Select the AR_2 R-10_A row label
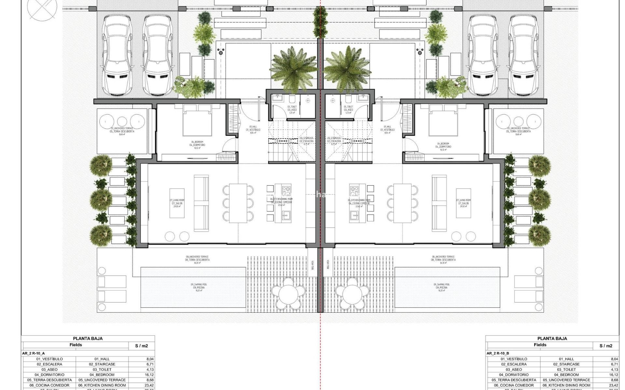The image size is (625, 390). coord(34,353)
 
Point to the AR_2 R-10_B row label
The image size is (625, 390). coord(498,353)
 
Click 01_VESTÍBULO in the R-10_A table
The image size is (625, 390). coord(49,359)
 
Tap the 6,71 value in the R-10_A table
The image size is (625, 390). coord(150,364)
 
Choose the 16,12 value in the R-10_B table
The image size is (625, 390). coord(614,375)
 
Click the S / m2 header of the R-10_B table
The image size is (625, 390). coord(606,346)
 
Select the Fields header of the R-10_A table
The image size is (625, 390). coord(76,345)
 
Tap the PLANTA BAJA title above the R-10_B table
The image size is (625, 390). coord(552,338)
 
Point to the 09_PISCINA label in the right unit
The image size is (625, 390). coord(442,288)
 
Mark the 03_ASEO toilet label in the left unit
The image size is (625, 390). coord(292,110)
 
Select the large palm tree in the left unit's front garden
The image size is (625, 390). coord(293,68)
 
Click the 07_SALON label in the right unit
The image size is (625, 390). coord(463,203)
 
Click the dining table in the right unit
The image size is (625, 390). coord(402,203)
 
